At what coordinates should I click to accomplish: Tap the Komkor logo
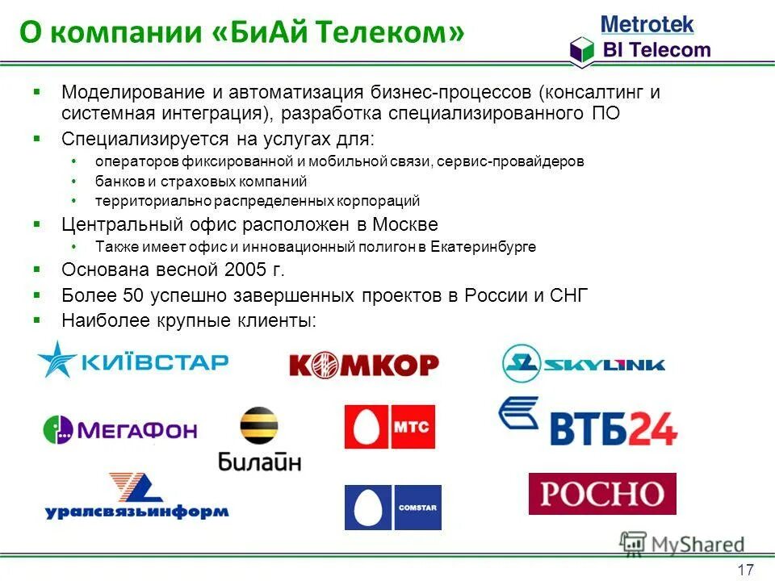tap(363, 366)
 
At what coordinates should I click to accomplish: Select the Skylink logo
tap(583, 363)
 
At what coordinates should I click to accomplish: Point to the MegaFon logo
tap(120, 428)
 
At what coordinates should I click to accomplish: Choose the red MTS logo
tap(389, 426)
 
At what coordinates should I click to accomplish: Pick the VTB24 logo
tap(588, 420)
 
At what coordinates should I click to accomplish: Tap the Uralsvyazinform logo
tap(136, 495)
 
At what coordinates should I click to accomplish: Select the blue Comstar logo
tap(392, 507)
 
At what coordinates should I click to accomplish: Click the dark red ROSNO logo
tap(602, 493)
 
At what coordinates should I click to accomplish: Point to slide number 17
tap(745, 570)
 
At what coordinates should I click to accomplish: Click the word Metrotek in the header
tap(647, 23)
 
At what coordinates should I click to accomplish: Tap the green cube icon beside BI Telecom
tap(581, 50)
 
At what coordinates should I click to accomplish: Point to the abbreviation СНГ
tap(569, 295)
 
